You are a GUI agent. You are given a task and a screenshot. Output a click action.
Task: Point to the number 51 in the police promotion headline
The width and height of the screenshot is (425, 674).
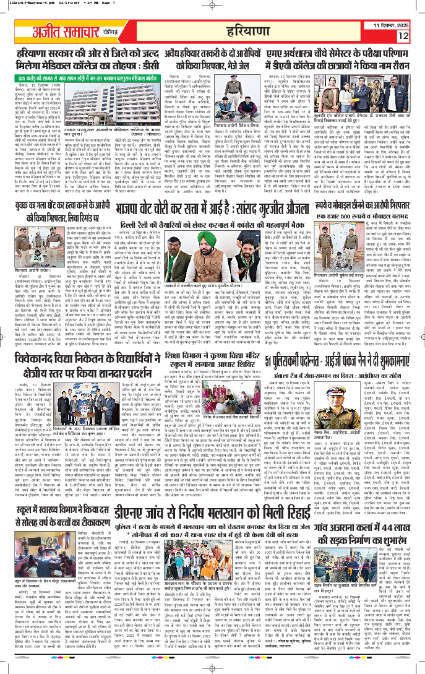coord(270,343)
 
